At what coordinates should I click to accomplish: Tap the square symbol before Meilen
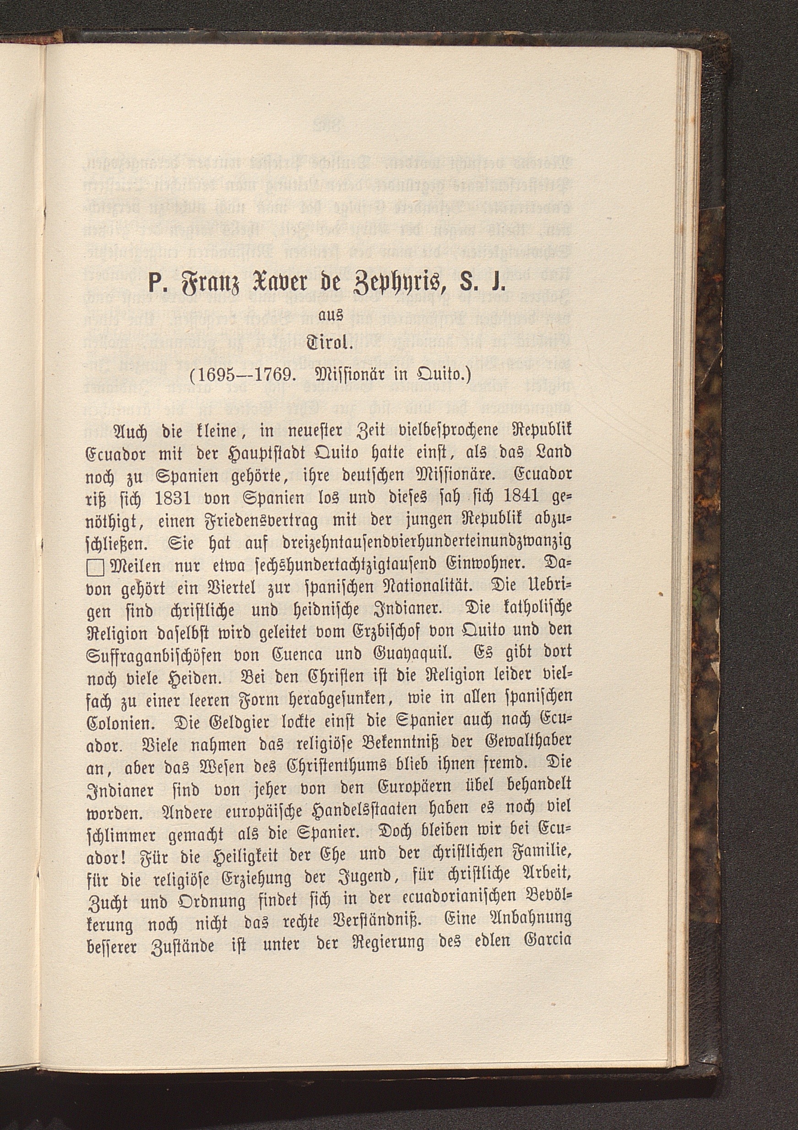(94, 569)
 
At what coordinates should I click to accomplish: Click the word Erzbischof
(362, 632)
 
